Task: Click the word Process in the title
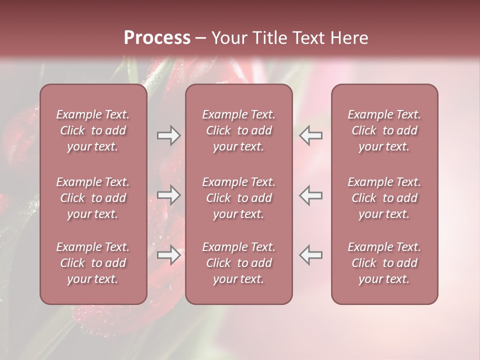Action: (157, 38)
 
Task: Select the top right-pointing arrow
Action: (168, 135)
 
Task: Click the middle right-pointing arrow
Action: (168, 195)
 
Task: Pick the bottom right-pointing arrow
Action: (168, 255)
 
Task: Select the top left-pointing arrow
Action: (311, 135)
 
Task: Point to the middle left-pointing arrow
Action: (311, 195)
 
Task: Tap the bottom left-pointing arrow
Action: (311, 255)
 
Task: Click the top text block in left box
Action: (93, 130)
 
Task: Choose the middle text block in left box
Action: (93, 198)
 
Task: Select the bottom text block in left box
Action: (93, 263)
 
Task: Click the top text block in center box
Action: (238, 130)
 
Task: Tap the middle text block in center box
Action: (238, 198)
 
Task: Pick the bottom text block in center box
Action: (238, 263)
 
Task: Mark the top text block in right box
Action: (384, 130)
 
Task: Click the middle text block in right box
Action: (384, 198)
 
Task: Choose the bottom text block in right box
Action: (384, 263)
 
